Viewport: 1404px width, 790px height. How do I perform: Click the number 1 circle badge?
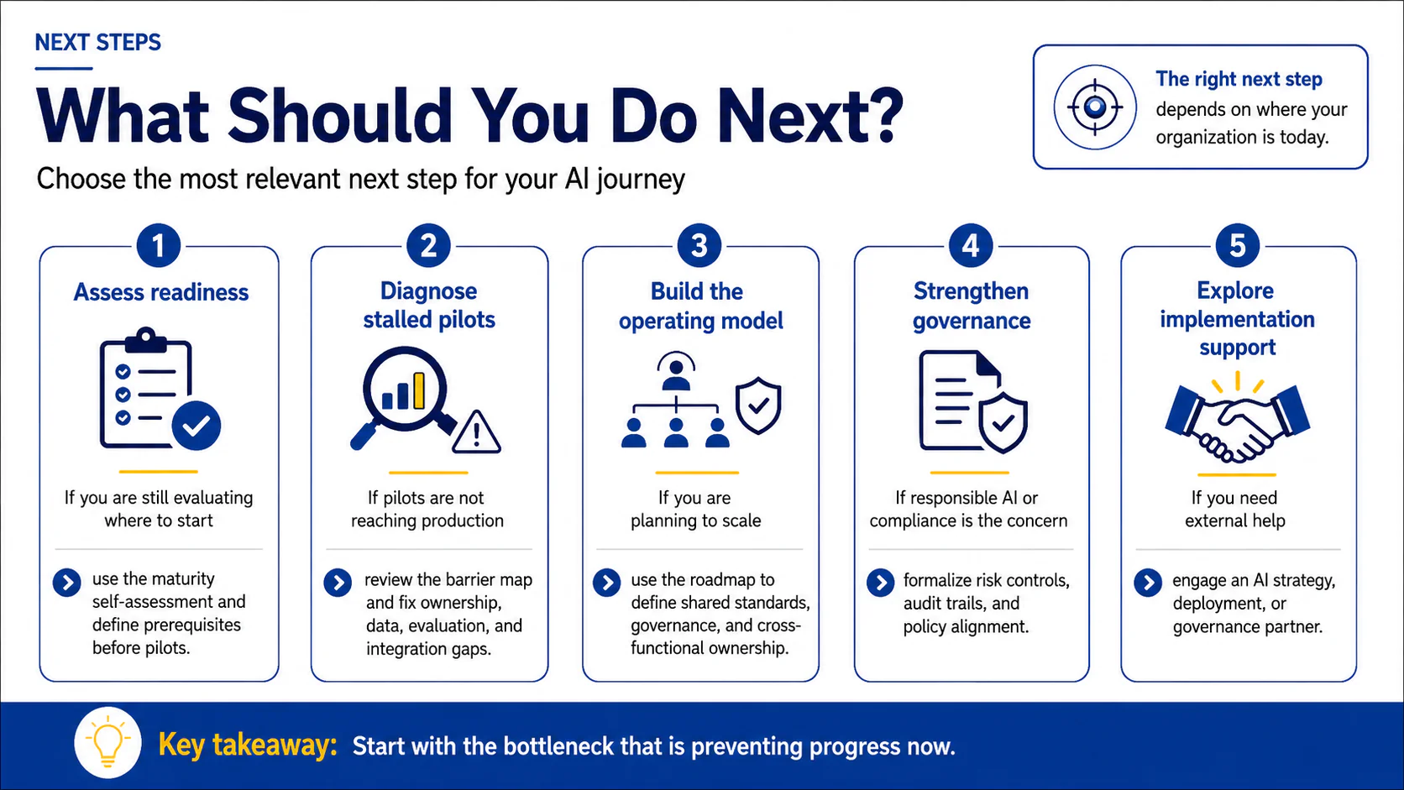(159, 246)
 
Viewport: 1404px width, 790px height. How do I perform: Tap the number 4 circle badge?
(971, 246)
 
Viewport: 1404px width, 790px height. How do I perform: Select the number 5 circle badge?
(1237, 246)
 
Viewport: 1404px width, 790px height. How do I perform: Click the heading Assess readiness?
(161, 292)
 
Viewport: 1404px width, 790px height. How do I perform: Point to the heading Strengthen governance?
(972, 306)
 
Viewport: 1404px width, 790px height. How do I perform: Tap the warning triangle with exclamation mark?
(476, 432)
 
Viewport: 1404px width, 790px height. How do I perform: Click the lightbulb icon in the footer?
(107, 743)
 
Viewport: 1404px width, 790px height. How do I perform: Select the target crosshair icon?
(1095, 107)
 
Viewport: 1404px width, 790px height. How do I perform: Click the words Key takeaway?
(249, 746)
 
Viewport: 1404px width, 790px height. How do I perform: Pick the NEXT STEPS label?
(97, 43)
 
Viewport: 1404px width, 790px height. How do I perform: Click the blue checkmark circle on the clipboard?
(196, 426)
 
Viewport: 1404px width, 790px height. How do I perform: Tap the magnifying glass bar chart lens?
(404, 390)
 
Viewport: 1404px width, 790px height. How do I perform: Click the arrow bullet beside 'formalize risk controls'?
(881, 583)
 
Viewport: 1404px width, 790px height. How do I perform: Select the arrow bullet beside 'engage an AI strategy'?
(1148, 583)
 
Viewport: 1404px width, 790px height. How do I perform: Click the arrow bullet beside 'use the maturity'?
(67, 583)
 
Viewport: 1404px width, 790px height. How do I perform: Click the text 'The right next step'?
(1239, 79)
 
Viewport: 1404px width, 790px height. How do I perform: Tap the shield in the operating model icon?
(758, 405)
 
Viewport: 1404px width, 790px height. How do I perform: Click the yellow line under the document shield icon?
(970, 473)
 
